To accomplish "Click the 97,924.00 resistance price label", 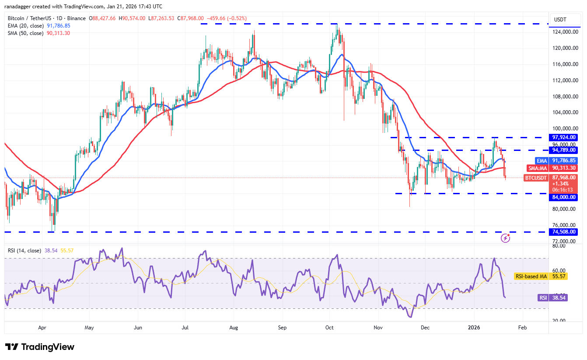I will pyautogui.click(x=564, y=137).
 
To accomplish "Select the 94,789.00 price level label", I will pyautogui.click(x=564, y=150).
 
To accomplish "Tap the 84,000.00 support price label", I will pyautogui.click(x=564, y=197).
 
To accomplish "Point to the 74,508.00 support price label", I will pyautogui.click(x=564, y=232).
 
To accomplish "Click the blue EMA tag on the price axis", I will pyautogui.click(x=542, y=161).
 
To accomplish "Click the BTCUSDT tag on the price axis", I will pyautogui.click(x=536, y=178).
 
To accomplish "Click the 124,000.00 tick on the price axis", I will pyautogui.click(x=564, y=32).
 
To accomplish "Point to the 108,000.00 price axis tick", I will pyautogui.click(x=564, y=96).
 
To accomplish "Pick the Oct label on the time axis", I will pyautogui.click(x=330, y=327).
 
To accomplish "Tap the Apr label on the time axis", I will pyautogui.click(x=42, y=327).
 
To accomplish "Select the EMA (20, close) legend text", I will pyautogui.click(x=26, y=26).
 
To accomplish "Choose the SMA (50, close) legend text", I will pyautogui.click(x=26, y=33).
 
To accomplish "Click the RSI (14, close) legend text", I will pyautogui.click(x=24, y=251).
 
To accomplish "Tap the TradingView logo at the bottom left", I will pyautogui.click(x=40, y=347).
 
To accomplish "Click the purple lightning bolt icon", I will pyautogui.click(x=505, y=238).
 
